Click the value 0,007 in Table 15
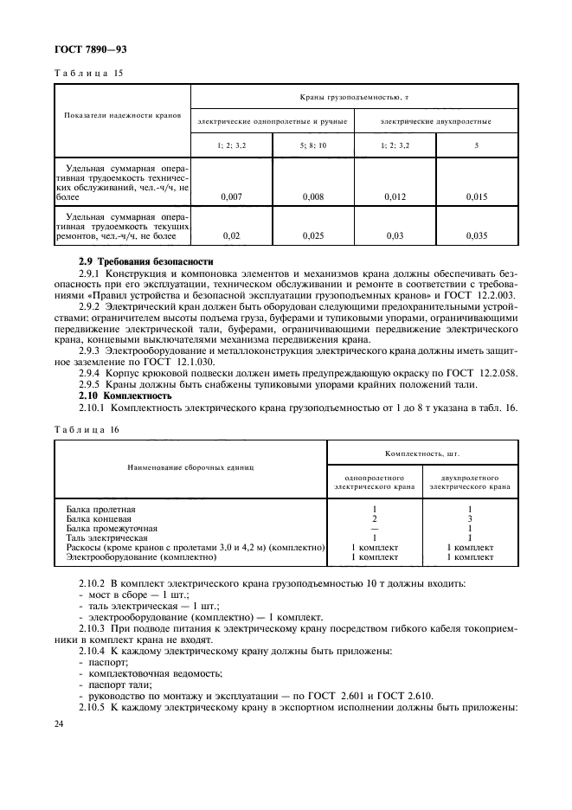point(231,197)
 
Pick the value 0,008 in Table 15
point(313,197)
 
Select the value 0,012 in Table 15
point(395,197)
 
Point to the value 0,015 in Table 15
point(477,197)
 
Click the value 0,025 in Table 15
point(313,235)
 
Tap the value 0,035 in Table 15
point(477,235)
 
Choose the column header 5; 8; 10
point(313,145)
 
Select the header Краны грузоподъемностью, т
point(354,100)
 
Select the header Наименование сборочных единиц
point(190,467)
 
